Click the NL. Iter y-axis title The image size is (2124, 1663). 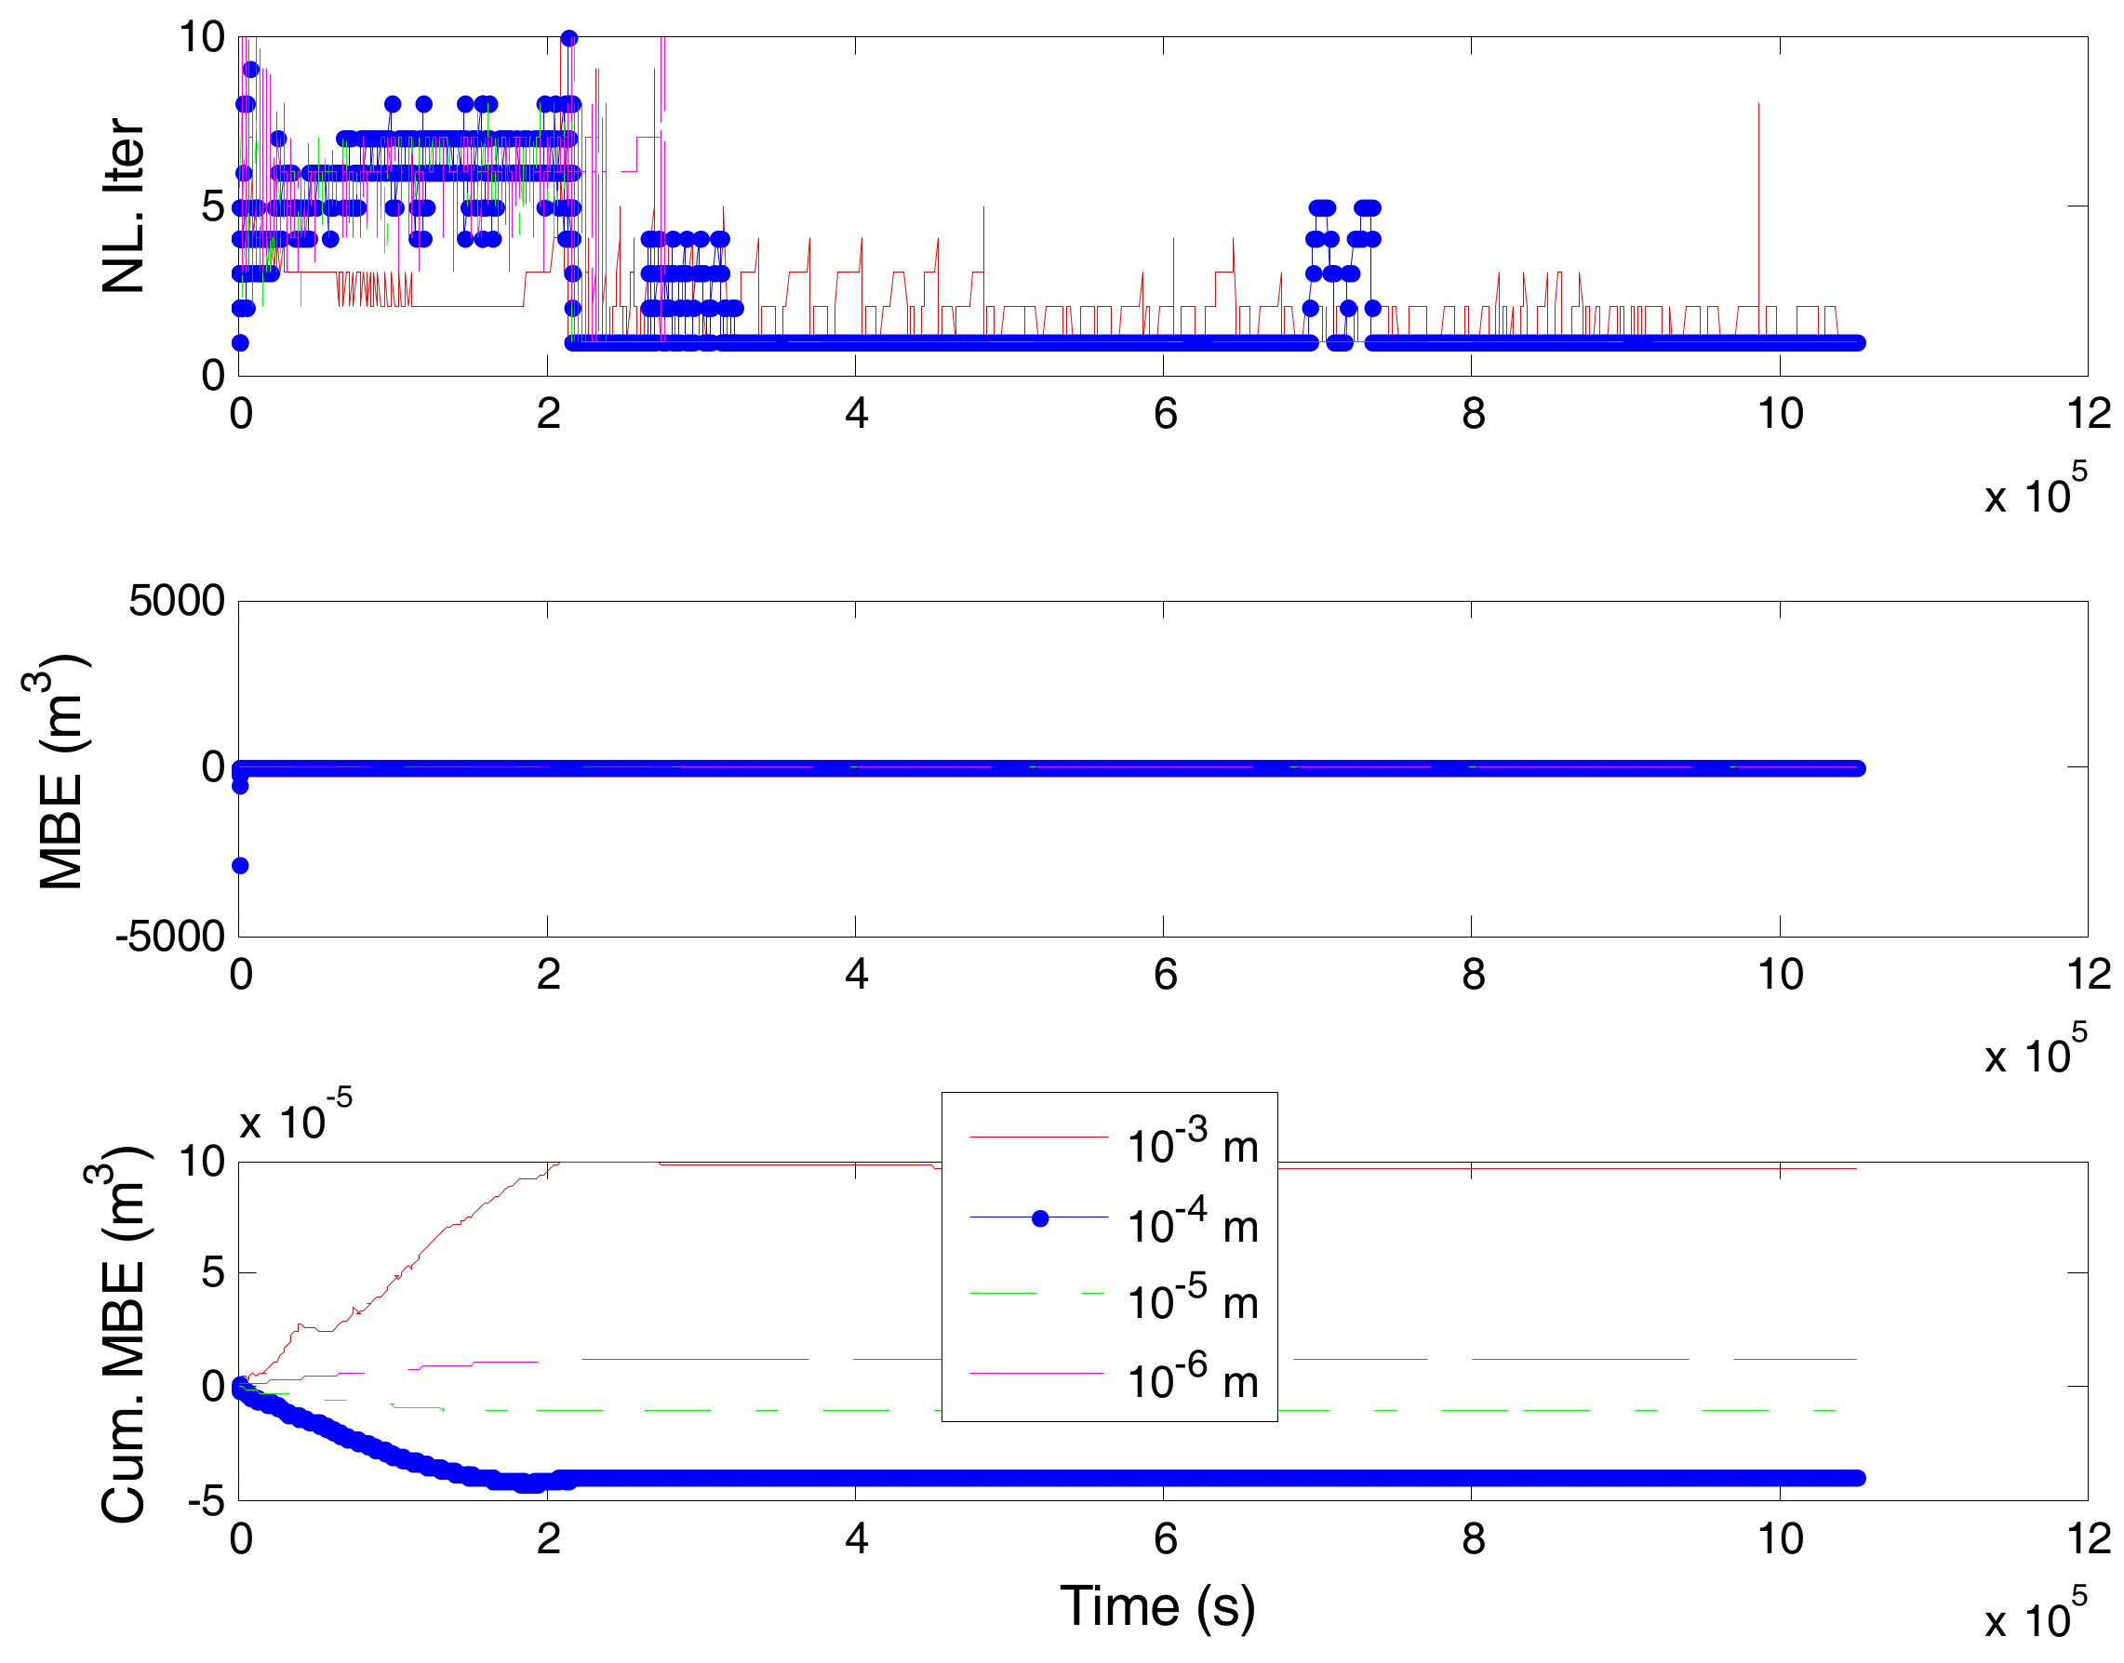point(124,206)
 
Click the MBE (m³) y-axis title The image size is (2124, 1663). point(60,772)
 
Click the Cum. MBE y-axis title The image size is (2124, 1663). point(124,1334)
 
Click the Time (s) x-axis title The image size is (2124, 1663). point(1157,1605)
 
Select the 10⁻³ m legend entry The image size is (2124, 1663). point(1191,1146)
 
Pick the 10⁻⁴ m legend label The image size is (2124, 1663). point(1191,1225)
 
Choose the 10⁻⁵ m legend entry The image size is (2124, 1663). point(1191,1302)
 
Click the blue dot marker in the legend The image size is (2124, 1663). point(1039,1218)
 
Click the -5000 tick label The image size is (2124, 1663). point(170,936)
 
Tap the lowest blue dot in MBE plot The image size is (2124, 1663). point(240,866)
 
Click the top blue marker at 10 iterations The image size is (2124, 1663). point(568,39)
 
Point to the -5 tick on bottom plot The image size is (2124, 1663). point(206,1501)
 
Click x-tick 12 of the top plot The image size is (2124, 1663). point(2088,414)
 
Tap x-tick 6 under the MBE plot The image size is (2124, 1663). point(1165,974)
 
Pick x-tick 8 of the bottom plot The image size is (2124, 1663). point(1473,1538)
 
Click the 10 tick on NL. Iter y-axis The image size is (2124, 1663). point(202,38)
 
